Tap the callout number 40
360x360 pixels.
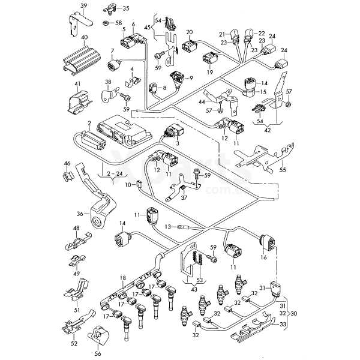[x=83, y=37]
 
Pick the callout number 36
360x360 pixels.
[x=80, y=212]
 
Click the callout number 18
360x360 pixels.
[x=122, y=277]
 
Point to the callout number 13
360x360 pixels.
[x=168, y=227]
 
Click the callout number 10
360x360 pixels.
[x=128, y=185]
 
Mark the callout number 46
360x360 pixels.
[x=67, y=163]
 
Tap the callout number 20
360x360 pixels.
[x=189, y=32]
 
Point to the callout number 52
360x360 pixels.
[x=75, y=344]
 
